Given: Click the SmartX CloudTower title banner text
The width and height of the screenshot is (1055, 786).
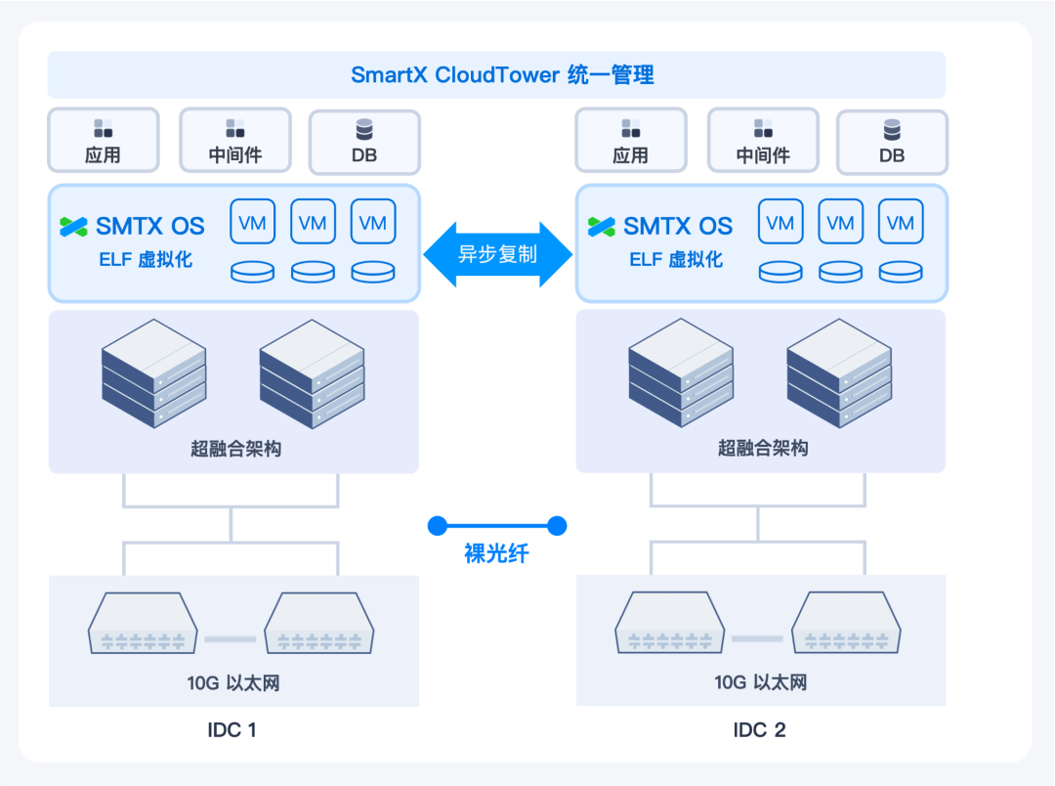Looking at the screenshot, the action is pos(502,74).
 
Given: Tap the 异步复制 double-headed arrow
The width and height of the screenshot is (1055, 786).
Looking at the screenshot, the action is pos(498,254).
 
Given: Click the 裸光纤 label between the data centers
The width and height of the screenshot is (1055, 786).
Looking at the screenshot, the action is pos(496,553).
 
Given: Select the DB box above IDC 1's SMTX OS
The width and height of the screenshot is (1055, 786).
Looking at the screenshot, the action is pos(364,142).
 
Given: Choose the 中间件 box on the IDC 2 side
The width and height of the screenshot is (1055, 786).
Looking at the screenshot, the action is pos(763,140).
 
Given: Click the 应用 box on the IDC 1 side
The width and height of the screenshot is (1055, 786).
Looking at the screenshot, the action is pos(103,140).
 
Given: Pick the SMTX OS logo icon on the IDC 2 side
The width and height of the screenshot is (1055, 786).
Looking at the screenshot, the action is pos(601,227).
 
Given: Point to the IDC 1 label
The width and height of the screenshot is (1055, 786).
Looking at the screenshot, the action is pos(232,730).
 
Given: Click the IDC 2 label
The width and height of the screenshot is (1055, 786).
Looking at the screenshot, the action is pos(759,730).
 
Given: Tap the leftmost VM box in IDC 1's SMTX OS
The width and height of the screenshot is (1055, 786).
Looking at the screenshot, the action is pos(252,222).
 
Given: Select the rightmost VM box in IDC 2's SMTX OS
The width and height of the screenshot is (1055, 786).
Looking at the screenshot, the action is pos(901,222).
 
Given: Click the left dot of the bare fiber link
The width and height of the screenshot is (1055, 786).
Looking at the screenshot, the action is pos(438,526).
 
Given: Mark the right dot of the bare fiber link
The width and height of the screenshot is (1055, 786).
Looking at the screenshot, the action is pos(557,526).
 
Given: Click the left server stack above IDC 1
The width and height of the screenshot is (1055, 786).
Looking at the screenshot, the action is pos(154,373).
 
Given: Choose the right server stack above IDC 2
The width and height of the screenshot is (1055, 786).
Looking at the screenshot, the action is pos(839,373).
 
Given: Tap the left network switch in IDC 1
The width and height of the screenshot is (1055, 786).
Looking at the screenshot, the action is pos(143,623).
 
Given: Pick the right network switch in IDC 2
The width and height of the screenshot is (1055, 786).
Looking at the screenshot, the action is pos(846,623).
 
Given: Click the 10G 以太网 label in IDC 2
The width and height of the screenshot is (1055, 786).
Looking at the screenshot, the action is pos(760,683).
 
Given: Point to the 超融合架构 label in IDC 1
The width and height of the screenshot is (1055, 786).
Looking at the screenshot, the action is pos(235,449).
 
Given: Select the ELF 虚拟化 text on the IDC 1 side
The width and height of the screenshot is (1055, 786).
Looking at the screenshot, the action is pos(146,259).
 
